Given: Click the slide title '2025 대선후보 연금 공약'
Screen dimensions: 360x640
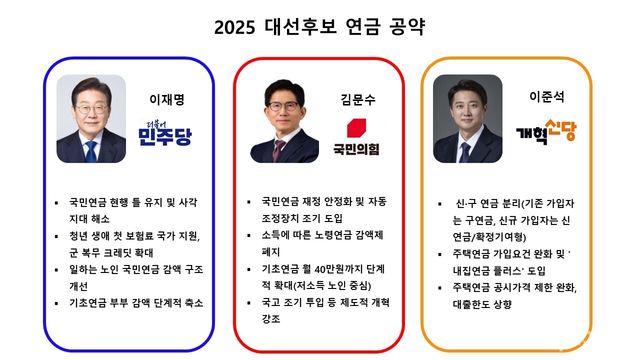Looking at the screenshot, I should click(319, 26).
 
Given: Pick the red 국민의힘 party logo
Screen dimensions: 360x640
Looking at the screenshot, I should click(363, 138).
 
